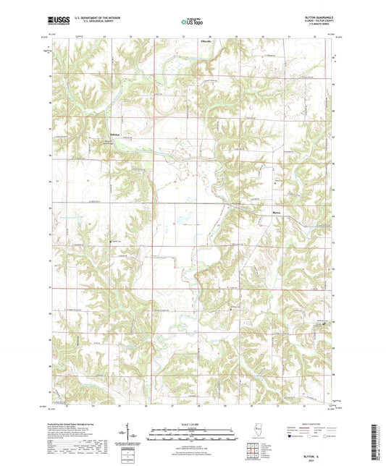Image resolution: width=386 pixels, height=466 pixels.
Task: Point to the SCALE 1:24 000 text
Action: (x=193, y=423)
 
